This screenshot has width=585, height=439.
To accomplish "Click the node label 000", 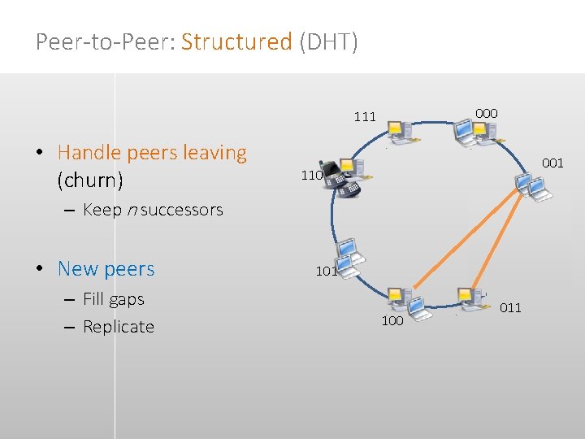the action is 487,113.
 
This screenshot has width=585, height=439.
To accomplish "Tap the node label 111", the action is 365,117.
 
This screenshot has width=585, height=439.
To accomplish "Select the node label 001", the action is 552,163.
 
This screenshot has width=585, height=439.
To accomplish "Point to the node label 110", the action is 312,175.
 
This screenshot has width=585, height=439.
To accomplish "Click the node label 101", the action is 327,272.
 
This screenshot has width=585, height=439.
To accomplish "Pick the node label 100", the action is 392,321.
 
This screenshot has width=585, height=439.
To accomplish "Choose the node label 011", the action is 510,307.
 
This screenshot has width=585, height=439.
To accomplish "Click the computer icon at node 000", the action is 469,131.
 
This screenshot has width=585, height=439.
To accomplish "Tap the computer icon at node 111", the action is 400,132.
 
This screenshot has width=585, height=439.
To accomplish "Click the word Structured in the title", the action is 236,41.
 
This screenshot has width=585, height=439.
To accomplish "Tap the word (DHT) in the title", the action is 328,41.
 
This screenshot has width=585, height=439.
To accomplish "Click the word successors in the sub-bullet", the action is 182,210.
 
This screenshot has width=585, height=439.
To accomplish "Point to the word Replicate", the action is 119,327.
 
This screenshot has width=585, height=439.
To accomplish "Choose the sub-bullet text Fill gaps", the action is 114,299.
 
